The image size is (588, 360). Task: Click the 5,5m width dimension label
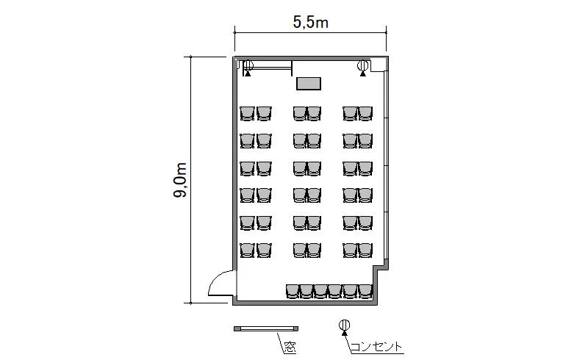[x=310, y=23]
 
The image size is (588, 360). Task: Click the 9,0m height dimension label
[x=180, y=180]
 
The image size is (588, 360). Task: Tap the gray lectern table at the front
[x=309, y=83]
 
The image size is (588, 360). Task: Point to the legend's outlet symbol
[x=344, y=326]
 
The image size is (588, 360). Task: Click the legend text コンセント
[x=376, y=347]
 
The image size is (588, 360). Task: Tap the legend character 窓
[x=290, y=348]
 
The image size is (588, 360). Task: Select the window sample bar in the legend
[x=266, y=328]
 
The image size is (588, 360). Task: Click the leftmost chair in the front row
[x=247, y=113]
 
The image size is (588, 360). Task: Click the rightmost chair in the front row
[x=365, y=113]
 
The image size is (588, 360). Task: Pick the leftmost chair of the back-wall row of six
[x=293, y=291]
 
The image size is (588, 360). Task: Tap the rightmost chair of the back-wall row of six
[x=365, y=291]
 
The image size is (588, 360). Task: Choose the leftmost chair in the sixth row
[x=247, y=250]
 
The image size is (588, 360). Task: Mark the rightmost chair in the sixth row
[x=365, y=250]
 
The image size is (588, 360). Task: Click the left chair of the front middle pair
[x=300, y=113]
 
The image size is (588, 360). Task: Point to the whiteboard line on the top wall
[x=269, y=68]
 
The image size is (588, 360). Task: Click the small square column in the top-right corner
[x=378, y=65]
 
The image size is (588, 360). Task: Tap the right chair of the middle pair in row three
[x=315, y=168]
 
